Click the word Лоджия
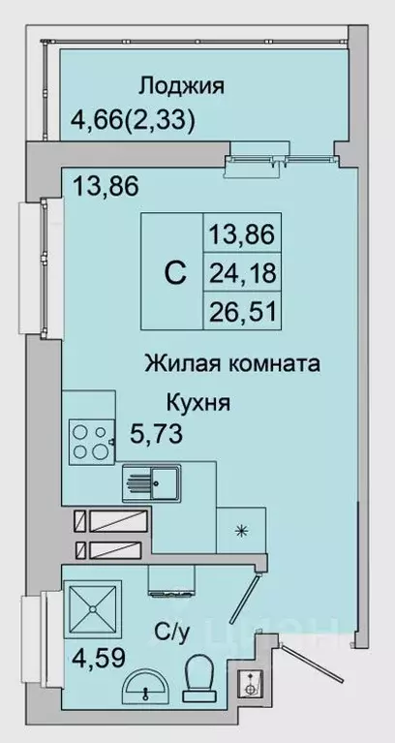pyautogui.click(x=181, y=86)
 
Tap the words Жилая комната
pyautogui.click(x=232, y=364)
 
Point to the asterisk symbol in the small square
pyautogui.click(x=238, y=531)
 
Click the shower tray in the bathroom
pyautogui.click(x=93, y=607)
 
